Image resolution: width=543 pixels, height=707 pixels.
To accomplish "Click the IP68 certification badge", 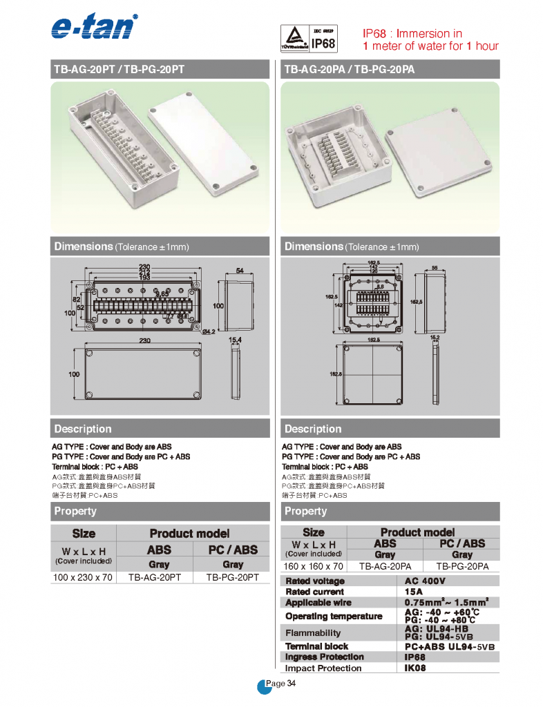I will pos(308,39).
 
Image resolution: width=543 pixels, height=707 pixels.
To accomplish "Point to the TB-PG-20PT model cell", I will pos(233,577).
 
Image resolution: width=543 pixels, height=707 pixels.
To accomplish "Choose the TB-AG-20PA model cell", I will pos(385,566).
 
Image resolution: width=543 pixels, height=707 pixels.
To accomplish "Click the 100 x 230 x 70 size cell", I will pos(83,577).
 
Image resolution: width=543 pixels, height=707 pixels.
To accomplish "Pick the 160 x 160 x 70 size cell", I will pos(313,566).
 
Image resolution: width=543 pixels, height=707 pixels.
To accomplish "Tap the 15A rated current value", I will pos(414,592).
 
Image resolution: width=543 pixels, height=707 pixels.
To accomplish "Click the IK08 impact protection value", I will pos(415,668).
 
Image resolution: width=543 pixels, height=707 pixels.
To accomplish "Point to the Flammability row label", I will pos(313,632).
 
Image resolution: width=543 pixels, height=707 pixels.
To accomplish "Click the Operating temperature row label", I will pos(334,616).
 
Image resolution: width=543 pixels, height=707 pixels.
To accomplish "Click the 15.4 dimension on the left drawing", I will pos(235,340).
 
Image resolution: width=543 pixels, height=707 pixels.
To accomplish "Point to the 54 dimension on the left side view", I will pos(239,271).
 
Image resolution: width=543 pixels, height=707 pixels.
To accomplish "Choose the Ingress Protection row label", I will pos(325,657).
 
